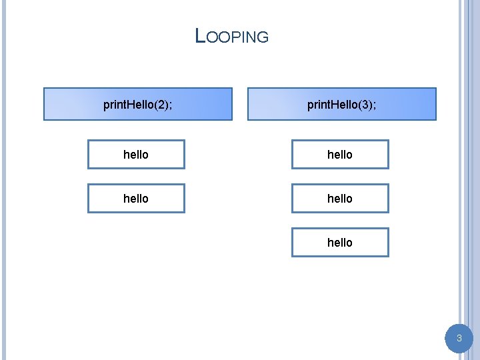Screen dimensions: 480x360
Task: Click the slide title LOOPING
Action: (x=232, y=36)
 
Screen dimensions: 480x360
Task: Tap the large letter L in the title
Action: (x=200, y=35)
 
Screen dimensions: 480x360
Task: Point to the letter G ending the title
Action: (x=263, y=38)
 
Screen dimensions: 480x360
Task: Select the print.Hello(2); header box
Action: (x=138, y=104)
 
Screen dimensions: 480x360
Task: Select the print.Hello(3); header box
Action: (x=342, y=104)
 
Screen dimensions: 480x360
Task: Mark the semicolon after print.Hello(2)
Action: (x=170, y=105)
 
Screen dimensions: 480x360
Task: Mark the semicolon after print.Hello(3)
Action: (x=374, y=105)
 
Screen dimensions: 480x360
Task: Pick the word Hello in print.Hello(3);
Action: (x=345, y=105)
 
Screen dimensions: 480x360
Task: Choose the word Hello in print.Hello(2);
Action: (x=141, y=105)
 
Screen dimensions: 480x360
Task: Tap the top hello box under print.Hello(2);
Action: (x=136, y=154)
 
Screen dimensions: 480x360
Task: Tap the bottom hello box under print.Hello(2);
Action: (x=136, y=198)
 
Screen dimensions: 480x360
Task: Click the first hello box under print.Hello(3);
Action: (x=340, y=154)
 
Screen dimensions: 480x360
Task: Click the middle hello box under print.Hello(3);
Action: (x=340, y=198)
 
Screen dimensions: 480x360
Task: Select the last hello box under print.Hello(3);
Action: (x=340, y=242)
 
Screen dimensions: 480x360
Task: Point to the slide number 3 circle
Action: (x=459, y=339)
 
